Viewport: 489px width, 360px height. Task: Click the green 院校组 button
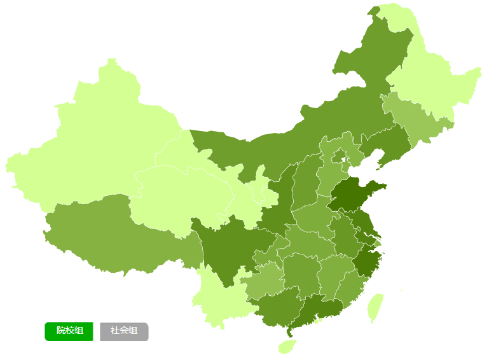(69, 331)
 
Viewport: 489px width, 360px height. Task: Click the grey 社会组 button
(124, 331)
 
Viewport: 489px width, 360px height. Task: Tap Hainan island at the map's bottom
(287, 346)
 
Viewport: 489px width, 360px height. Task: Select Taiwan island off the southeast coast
(376, 307)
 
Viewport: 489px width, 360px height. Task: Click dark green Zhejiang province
(368, 261)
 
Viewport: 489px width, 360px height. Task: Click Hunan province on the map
(302, 273)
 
